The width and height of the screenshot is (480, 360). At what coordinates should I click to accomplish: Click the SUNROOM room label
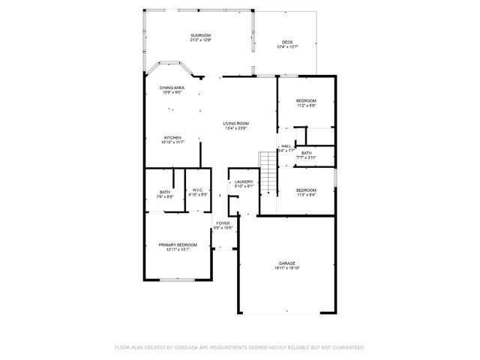coord(199,35)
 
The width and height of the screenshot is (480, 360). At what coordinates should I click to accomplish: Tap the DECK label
coord(287,42)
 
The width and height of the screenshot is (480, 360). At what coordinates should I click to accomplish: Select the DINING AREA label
coord(172,88)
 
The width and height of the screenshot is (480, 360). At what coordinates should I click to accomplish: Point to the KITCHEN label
coord(172,137)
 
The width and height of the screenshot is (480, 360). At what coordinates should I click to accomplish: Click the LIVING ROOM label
coord(235,124)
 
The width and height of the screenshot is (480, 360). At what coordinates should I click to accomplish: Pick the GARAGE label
coord(287,263)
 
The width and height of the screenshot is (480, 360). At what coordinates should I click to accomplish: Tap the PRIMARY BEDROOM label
coord(178,245)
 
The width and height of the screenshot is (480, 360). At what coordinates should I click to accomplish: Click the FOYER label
coord(223,223)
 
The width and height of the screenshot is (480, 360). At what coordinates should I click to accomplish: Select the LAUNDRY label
coord(244,181)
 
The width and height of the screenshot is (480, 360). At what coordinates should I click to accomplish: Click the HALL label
coord(286,146)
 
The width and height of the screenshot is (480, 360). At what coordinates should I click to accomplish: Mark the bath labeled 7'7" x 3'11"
coord(307,157)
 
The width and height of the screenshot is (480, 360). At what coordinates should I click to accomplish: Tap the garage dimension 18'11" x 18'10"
coord(287,268)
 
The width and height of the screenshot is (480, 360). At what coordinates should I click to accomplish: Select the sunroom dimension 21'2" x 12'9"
coord(199,40)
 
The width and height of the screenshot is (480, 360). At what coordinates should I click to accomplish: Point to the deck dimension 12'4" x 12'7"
coord(287,47)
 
